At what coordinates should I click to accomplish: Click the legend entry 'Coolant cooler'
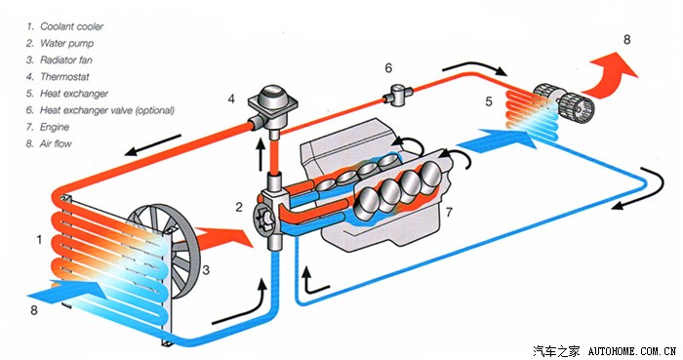(72, 26)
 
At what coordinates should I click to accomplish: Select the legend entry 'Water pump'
(66, 43)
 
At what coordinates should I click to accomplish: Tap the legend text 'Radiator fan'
(66, 60)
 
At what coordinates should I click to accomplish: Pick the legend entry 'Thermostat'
(64, 77)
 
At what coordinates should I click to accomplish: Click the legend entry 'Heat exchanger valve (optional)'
(107, 110)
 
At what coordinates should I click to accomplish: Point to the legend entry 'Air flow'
(56, 143)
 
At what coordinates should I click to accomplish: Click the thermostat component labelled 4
(272, 106)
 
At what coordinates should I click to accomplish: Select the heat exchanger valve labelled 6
(398, 95)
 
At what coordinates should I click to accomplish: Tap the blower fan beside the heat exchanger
(565, 103)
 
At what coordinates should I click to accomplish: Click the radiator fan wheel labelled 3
(167, 251)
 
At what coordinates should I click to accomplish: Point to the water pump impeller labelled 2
(263, 219)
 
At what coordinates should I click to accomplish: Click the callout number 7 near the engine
(449, 212)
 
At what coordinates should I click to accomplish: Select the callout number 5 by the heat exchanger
(489, 101)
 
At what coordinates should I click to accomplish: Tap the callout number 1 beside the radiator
(40, 239)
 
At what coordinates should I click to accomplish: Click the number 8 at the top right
(626, 40)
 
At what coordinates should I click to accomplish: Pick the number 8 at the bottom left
(34, 310)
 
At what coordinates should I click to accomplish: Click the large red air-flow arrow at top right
(612, 74)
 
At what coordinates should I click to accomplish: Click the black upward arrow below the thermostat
(261, 154)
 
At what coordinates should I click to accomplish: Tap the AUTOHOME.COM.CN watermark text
(632, 351)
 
